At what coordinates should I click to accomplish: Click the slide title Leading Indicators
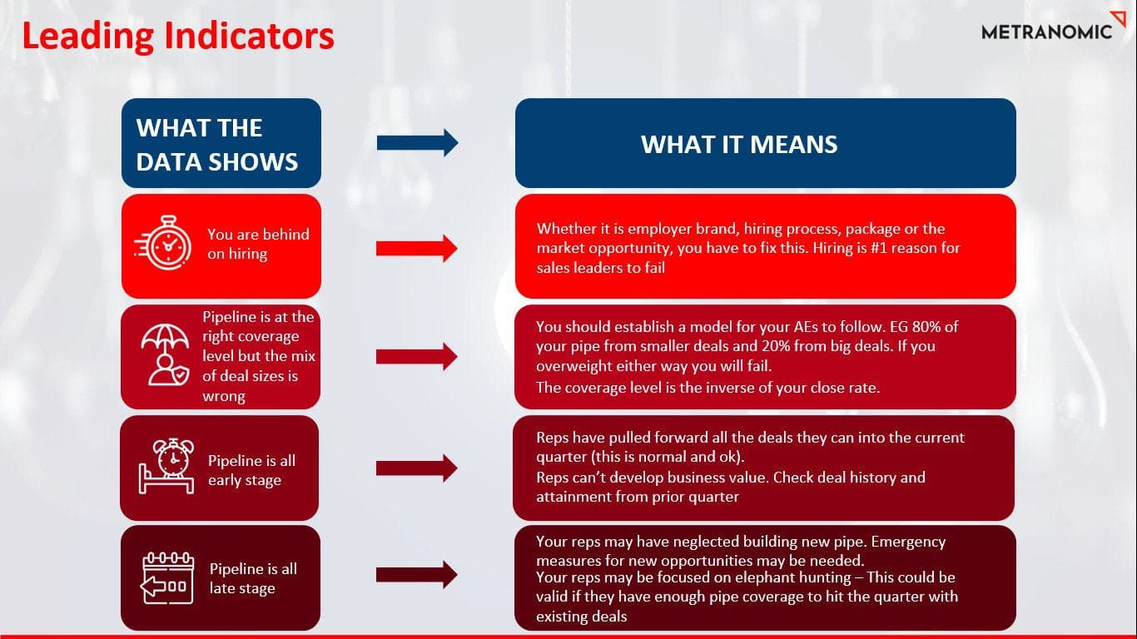(x=178, y=36)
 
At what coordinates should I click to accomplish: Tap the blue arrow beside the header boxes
(x=417, y=142)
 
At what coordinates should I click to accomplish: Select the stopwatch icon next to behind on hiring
(x=163, y=243)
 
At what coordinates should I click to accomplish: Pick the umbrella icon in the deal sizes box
(x=165, y=354)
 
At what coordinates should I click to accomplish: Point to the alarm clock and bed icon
(x=166, y=466)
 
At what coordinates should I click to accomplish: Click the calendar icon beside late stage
(x=167, y=577)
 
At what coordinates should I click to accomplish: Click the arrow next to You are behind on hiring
(x=417, y=248)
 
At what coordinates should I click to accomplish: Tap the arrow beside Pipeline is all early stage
(x=417, y=468)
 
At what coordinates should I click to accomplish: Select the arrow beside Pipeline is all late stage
(x=417, y=575)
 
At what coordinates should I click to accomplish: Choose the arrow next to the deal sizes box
(x=417, y=356)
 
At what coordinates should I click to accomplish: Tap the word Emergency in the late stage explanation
(x=908, y=542)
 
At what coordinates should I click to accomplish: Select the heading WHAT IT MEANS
(x=739, y=144)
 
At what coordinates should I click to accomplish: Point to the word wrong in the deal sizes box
(x=224, y=396)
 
